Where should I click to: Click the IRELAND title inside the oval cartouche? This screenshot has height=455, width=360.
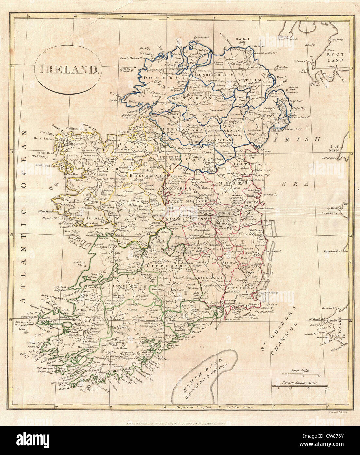click(x=68, y=69)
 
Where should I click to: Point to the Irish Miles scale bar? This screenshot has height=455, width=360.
click(x=299, y=374)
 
